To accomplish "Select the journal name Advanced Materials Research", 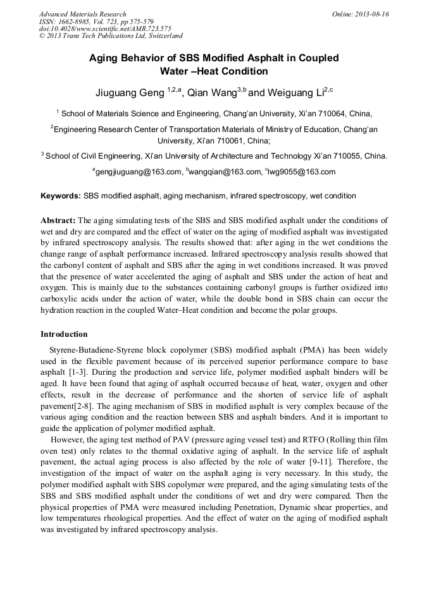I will [82, 14].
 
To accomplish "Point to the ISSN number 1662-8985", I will [75, 21].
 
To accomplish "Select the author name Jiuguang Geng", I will [130, 93].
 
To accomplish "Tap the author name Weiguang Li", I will [294, 93].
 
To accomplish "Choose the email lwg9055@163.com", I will [302, 172].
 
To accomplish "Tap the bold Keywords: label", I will [61, 196].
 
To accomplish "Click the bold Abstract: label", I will [58, 221].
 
